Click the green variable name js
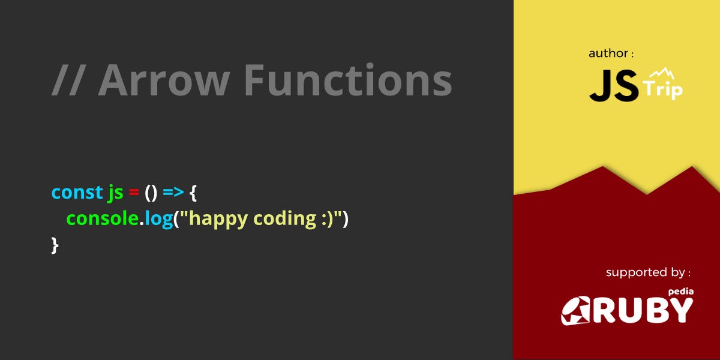click(x=115, y=193)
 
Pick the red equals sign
click(x=134, y=193)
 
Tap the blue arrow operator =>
click(x=173, y=193)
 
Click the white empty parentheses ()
click(x=151, y=193)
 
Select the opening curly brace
click(x=193, y=193)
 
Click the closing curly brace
click(x=55, y=244)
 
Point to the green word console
click(x=103, y=218)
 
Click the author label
click(x=611, y=53)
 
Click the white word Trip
click(x=662, y=90)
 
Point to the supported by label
click(x=647, y=272)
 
